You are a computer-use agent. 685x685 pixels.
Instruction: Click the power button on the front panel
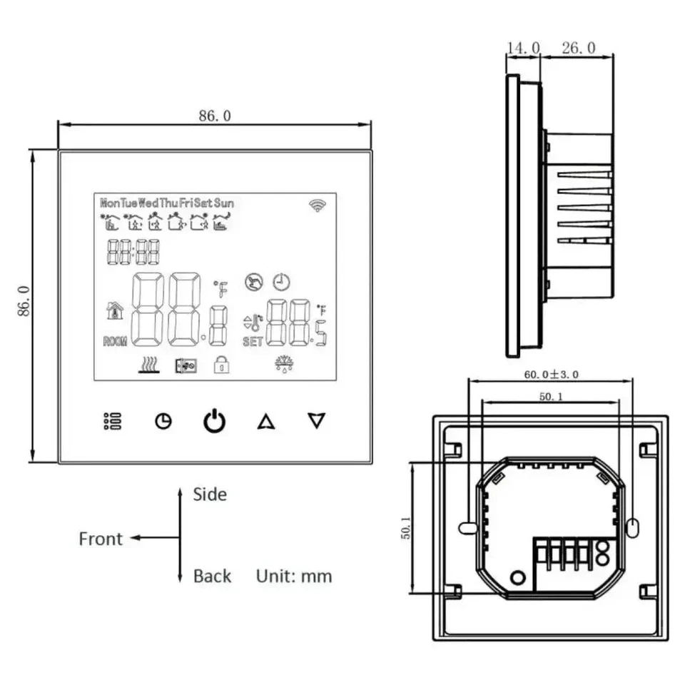214,422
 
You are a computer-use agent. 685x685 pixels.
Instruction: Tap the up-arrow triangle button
265,422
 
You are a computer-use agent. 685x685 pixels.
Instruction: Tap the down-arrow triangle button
316,421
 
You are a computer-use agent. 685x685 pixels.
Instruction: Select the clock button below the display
163,422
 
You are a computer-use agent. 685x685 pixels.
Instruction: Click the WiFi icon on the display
317,205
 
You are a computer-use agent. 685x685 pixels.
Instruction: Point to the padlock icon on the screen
222,365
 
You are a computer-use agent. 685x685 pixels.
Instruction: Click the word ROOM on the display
115,342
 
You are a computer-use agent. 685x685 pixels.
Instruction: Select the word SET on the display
253,342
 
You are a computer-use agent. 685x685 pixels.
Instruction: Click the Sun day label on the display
224,203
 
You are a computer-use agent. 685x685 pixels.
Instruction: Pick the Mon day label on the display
109,203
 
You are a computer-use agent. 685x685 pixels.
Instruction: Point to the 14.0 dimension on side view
523,48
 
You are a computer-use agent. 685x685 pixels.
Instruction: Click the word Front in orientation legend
101,539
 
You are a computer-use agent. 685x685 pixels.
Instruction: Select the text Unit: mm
294,576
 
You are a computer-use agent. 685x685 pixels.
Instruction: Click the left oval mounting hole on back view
467,527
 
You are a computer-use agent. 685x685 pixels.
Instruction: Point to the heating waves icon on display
148,365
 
